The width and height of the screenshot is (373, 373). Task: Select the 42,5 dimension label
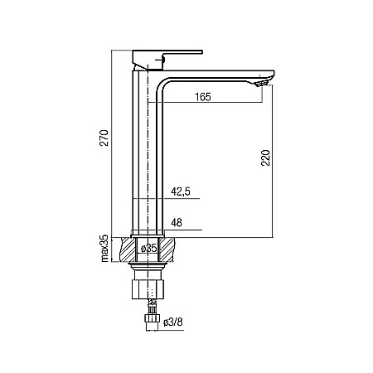pyautogui.click(x=180, y=192)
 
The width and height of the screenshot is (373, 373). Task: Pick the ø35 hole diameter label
pyautogui.click(x=148, y=249)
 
